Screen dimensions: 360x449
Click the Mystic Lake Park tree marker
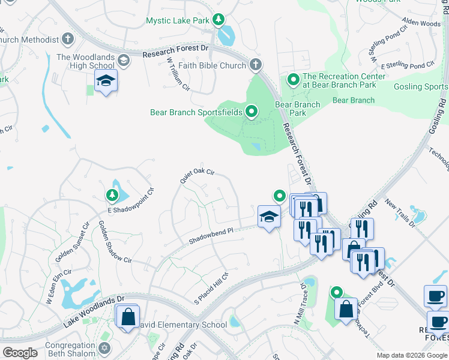tap(218, 20)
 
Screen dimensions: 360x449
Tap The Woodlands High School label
tap(85, 61)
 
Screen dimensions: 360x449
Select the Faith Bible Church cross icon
tap(256, 65)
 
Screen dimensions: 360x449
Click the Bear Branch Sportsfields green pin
tap(252, 112)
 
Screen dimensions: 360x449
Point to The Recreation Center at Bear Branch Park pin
tap(294, 79)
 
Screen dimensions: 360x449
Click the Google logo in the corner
tap(20, 353)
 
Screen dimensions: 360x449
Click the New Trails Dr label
tap(400, 213)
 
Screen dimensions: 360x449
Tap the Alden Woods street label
tap(421, 23)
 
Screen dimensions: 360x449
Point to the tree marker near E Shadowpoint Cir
tap(112, 194)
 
